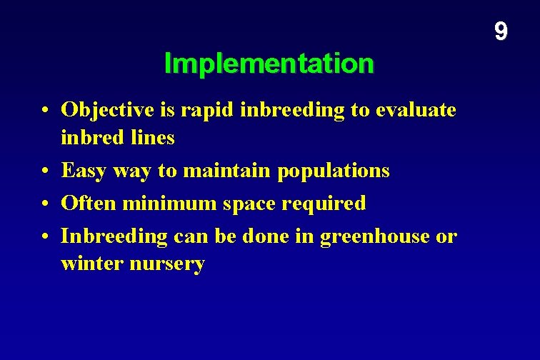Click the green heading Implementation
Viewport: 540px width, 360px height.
(269, 64)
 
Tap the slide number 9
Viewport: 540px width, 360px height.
(501, 31)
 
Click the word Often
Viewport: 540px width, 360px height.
(89, 203)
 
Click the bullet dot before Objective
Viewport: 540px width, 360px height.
(45, 111)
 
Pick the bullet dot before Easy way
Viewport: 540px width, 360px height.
(45, 171)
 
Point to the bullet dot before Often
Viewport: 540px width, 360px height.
(45, 204)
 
